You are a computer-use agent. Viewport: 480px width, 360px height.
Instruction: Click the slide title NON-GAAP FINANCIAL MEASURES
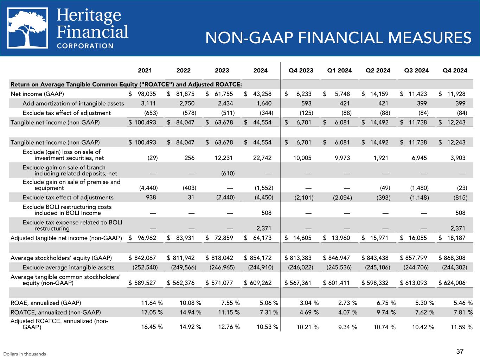338,38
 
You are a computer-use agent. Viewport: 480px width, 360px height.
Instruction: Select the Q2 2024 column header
378,71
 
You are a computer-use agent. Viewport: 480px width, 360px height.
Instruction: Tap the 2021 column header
145,71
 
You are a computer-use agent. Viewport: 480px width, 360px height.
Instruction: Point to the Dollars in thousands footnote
25,354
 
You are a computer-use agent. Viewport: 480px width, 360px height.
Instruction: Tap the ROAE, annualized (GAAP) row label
46,303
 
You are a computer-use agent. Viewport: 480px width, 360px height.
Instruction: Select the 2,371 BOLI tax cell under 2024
264,229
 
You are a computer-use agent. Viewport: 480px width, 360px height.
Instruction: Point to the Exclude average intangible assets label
68,268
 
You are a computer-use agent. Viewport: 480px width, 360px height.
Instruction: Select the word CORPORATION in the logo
85,46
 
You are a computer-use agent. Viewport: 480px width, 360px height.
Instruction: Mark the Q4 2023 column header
301,71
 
